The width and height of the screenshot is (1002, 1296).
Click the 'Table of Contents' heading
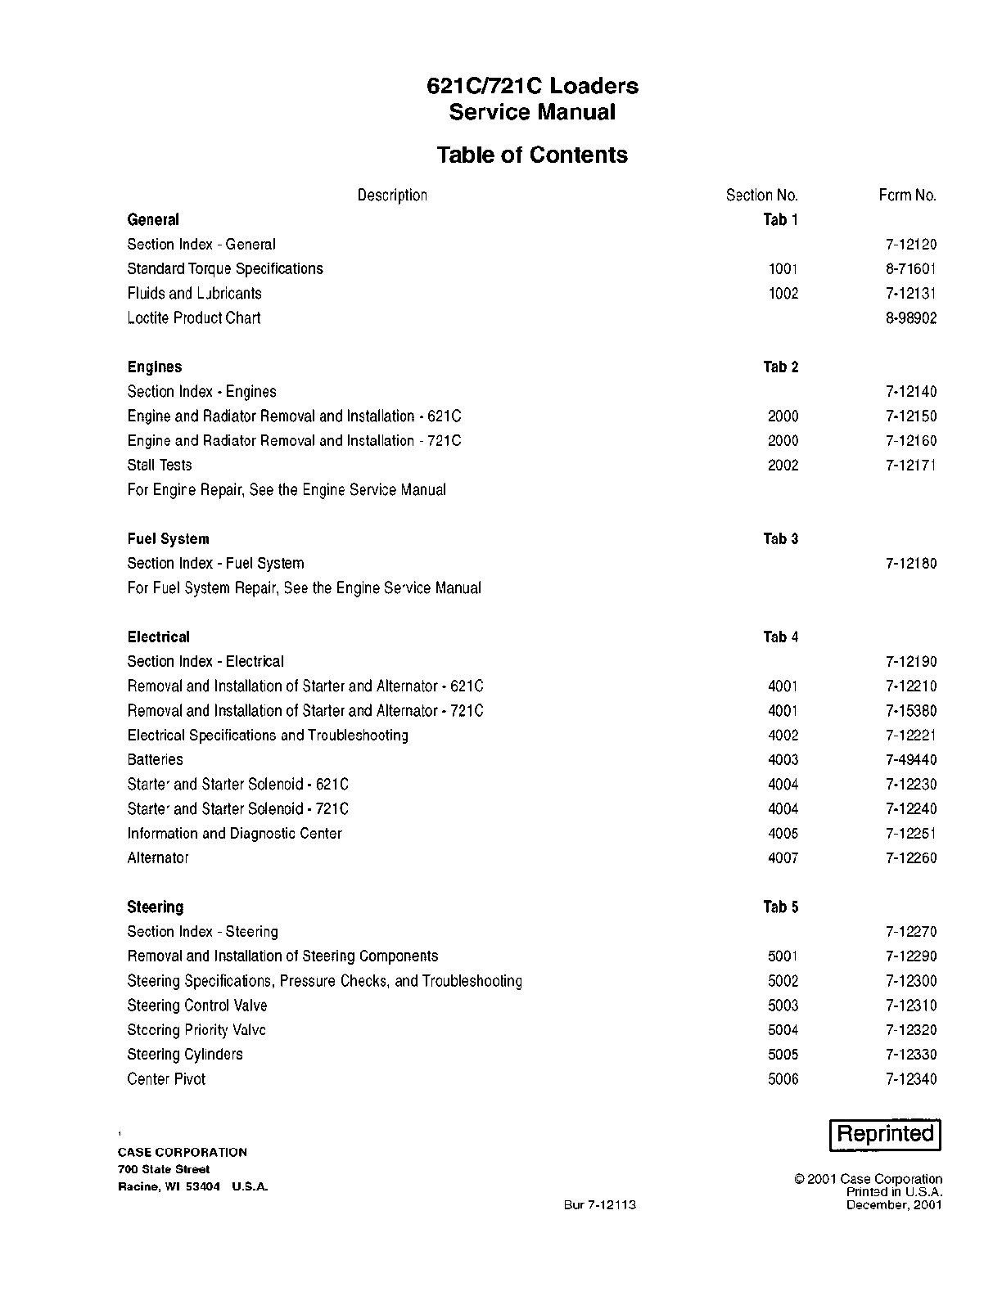[x=532, y=155]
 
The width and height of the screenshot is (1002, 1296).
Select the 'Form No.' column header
[x=907, y=196]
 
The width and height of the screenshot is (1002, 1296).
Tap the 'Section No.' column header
[x=761, y=196]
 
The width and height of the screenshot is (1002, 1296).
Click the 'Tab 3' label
[x=780, y=539]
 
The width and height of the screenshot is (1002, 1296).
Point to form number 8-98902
[x=910, y=318]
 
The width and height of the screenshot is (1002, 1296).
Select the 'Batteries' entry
[x=155, y=760]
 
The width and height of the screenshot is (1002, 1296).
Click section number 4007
[x=783, y=858]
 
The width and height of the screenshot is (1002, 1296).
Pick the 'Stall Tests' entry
[x=160, y=466]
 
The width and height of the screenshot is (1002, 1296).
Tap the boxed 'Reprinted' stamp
[x=885, y=1134]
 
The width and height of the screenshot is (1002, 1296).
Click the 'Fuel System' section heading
[x=168, y=539]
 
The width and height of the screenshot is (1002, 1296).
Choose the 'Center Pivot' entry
[x=166, y=1079]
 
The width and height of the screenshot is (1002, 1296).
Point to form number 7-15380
[x=910, y=711]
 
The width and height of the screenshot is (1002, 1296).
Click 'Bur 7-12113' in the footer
[x=599, y=1204]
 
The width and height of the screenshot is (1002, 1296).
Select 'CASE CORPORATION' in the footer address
[x=182, y=1152]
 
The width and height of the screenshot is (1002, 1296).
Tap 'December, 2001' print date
[x=894, y=1204]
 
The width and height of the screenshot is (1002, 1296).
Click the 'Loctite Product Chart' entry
[x=193, y=318]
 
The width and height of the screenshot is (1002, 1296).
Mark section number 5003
[x=783, y=1006]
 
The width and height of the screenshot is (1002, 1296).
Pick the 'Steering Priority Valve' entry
[x=196, y=1030]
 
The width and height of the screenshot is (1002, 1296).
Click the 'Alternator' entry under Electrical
[x=158, y=858]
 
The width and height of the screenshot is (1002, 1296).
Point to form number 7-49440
[x=910, y=760]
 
